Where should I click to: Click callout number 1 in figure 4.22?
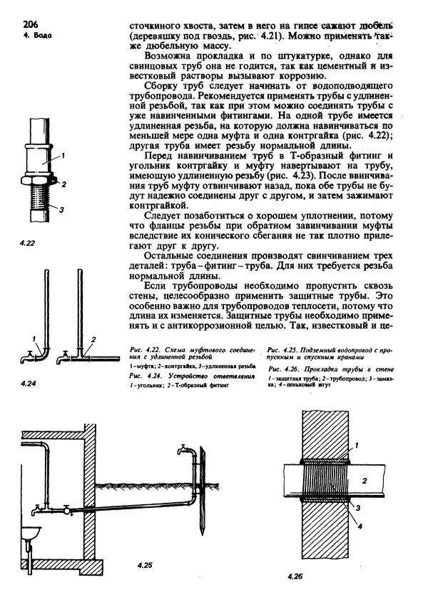click(x=63, y=154)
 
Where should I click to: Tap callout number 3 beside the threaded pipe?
click(x=62, y=209)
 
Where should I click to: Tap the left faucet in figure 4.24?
click(x=28, y=352)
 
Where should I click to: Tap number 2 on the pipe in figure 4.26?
click(x=364, y=481)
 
